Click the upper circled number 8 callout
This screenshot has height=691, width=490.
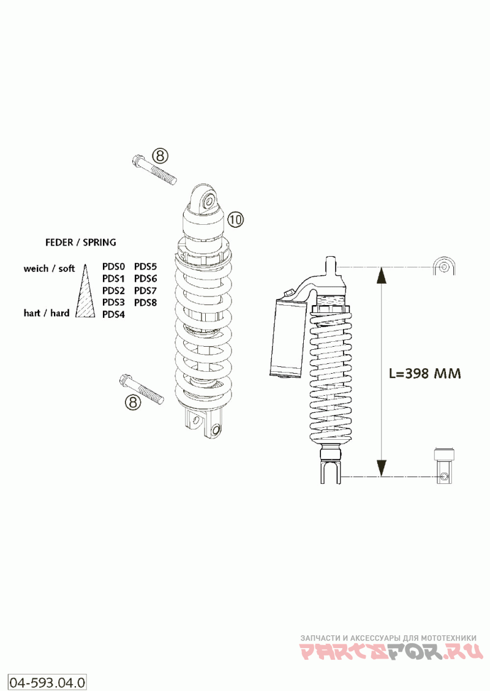(160, 156)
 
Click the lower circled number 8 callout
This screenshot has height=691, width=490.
(133, 401)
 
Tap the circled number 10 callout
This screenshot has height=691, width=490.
(236, 219)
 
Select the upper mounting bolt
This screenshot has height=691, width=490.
(154, 169)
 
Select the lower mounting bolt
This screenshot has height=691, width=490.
(141, 388)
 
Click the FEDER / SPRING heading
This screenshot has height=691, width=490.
(81, 242)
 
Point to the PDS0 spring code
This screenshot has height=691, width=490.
(114, 266)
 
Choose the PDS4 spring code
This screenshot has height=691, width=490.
(114, 315)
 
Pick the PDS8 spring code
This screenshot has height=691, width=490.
(145, 303)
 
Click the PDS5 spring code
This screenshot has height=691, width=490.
(145, 266)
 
